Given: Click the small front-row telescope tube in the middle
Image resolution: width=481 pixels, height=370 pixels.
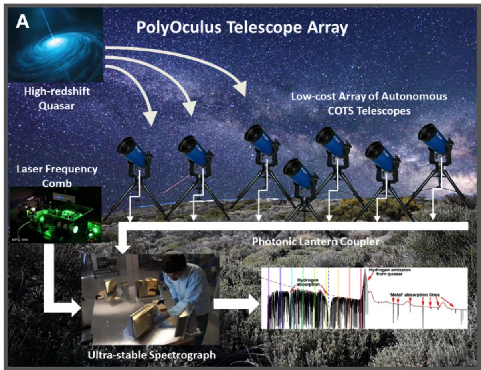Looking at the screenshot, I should pos(299,172).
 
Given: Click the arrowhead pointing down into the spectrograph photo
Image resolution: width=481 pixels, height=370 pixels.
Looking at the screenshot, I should pos(122,249).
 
